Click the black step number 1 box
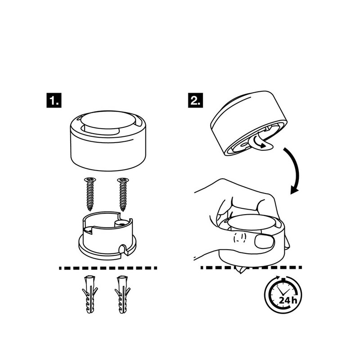click(54, 100)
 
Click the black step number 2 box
click(195, 100)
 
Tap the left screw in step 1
click(90, 194)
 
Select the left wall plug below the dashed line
click(90, 294)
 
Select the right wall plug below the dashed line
click(122, 294)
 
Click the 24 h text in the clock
click(288, 300)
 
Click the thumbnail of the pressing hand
click(264, 241)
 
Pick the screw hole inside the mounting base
click(121, 222)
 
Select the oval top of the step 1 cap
click(108, 120)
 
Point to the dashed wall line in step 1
click(108, 268)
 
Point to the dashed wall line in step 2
click(251, 267)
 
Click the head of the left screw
click(90, 179)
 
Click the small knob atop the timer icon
click(283, 279)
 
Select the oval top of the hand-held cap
click(252, 222)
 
